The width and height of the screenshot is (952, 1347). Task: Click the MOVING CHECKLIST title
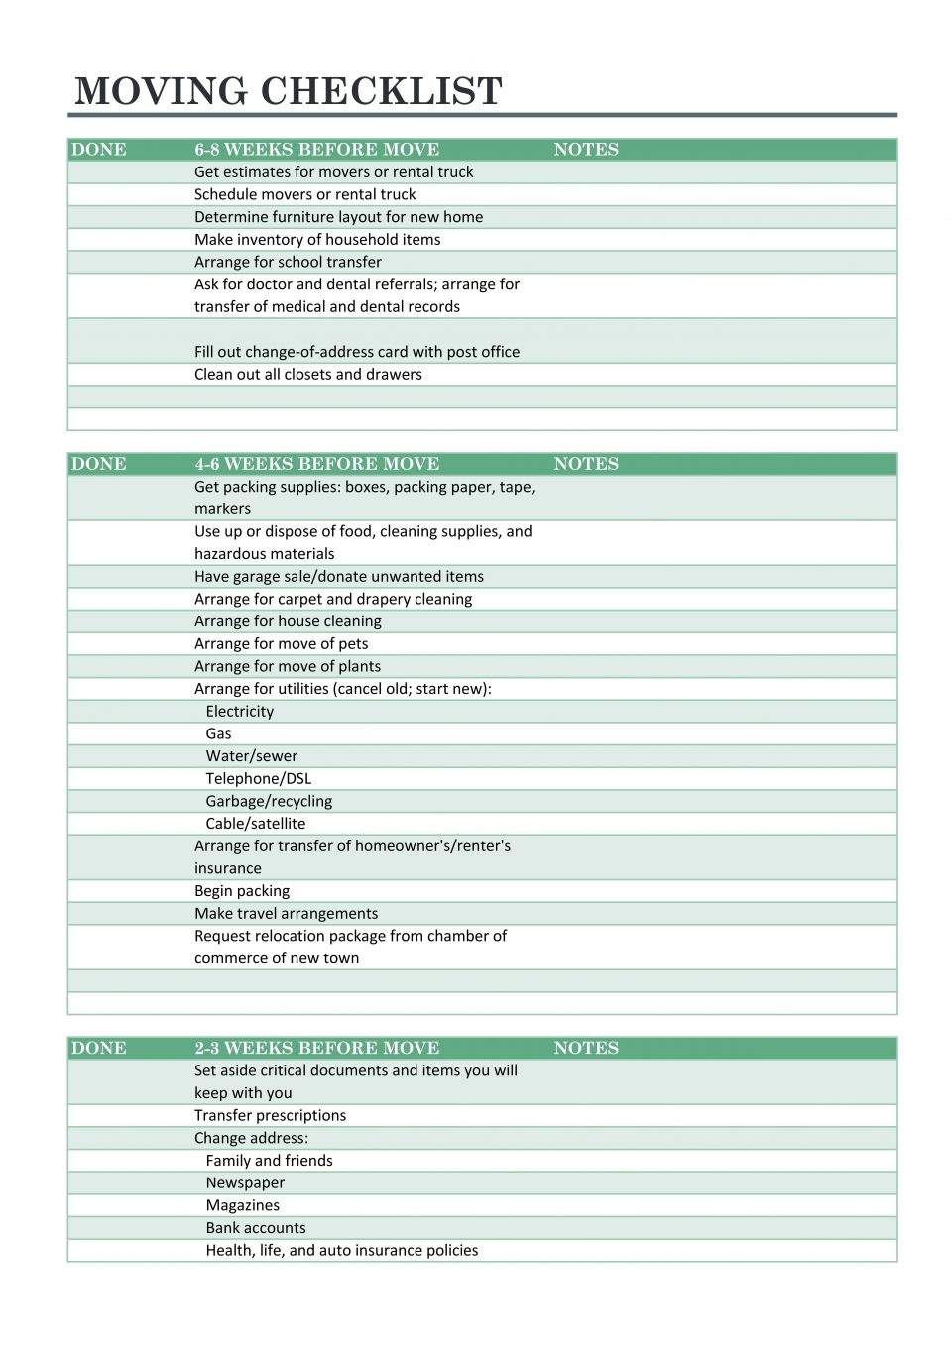[289, 91]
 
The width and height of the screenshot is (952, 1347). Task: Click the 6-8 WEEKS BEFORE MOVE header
[316, 150]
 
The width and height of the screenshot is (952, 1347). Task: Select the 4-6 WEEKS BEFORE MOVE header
[316, 464]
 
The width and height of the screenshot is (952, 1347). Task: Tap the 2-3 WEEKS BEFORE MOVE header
[316, 1048]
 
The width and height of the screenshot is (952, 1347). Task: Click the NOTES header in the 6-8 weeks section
[586, 150]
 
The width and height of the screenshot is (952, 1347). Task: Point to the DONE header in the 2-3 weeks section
[99, 1048]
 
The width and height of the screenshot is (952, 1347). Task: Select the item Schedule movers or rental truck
[304, 194]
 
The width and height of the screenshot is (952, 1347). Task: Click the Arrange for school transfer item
[288, 262]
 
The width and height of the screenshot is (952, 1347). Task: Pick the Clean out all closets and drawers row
[307, 374]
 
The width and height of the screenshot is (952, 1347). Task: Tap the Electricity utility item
[239, 711]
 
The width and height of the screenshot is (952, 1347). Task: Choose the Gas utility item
[218, 733]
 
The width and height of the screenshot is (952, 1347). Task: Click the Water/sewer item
[251, 755]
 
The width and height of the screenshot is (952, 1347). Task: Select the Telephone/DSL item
[258, 778]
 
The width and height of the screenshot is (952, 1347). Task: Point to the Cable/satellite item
[255, 823]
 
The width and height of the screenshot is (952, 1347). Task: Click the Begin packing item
[242, 890]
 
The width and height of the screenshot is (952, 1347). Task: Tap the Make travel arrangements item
[286, 913]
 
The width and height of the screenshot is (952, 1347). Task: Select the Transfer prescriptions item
[270, 1115]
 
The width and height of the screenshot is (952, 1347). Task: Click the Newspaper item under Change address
[245, 1182]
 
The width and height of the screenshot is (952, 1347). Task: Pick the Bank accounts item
[256, 1227]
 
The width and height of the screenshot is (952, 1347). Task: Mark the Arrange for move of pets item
[281, 643]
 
